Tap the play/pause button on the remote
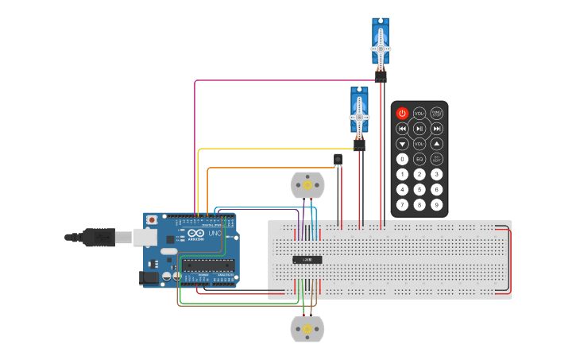pos(419,129)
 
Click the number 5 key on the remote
pos(419,189)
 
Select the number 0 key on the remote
pos(402,159)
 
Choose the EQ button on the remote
pos(419,159)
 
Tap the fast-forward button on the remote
pos(437,129)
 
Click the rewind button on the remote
pos(402,129)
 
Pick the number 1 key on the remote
pos(402,174)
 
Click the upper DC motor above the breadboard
pos(307,185)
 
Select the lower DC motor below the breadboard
pos(307,328)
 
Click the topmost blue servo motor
pos(381,45)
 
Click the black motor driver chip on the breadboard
pos(307,259)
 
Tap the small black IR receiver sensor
pos(338,160)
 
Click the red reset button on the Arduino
pos(152,219)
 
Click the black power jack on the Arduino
pos(149,277)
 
